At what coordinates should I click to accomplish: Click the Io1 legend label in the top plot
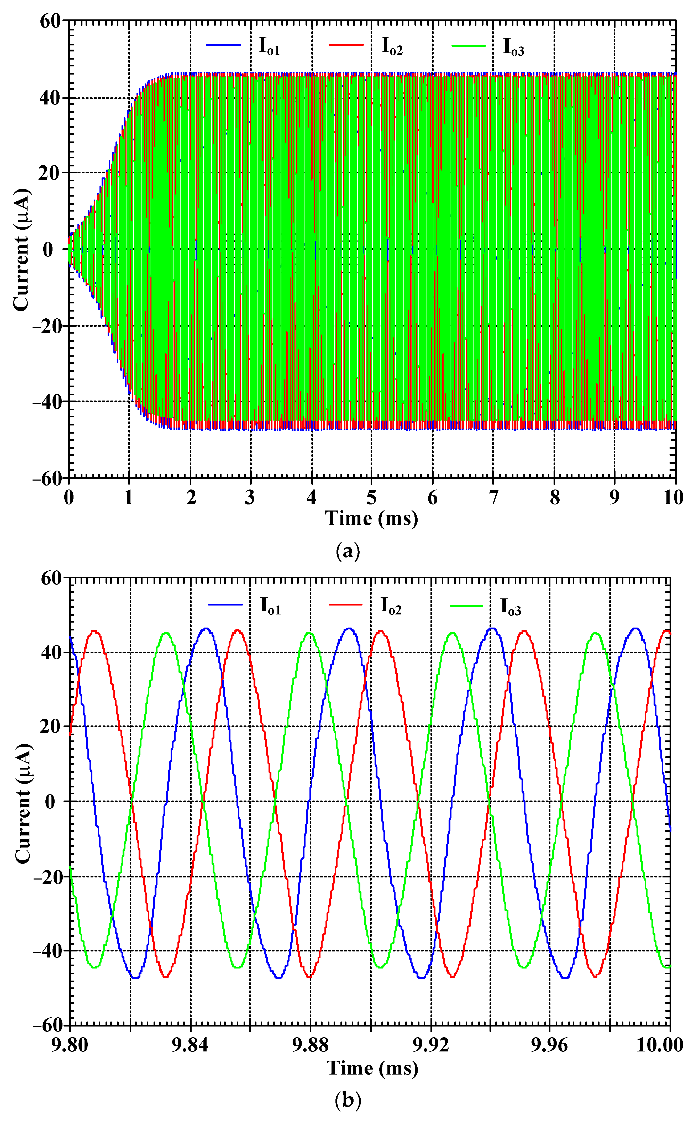[269, 46]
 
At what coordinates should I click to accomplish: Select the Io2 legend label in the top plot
[392, 46]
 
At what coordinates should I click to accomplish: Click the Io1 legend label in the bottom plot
[270, 606]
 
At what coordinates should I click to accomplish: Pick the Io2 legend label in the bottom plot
[391, 606]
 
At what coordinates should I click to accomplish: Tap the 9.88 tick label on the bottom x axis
[311, 1045]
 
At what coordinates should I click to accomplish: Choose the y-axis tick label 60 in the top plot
[50, 21]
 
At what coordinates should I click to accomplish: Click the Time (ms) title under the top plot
[372, 519]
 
